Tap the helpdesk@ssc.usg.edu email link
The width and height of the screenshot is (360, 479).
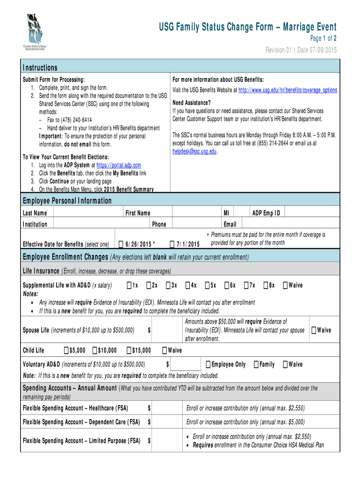(x=194, y=151)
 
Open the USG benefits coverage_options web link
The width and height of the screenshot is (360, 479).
(x=288, y=90)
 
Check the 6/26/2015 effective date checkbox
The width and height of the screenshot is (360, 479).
(x=121, y=244)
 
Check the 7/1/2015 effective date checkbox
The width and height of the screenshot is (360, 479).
(x=172, y=244)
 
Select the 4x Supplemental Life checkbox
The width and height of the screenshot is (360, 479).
(x=187, y=285)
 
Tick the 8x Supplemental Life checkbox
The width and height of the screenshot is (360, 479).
(x=266, y=285)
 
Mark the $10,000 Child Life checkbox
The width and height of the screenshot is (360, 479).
(x=95, y=350)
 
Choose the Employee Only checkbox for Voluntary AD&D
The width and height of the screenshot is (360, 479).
(x=209, y=364)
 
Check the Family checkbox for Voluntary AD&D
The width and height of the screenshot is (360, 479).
(x=256, y=364)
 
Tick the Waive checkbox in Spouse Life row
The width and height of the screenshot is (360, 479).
(x=314, y=330)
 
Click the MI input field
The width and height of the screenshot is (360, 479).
(x=242, y=213)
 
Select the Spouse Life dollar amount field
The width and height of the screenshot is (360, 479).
(x=166, y=330)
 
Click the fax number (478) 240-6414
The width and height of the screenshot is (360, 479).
(x=70, y=120)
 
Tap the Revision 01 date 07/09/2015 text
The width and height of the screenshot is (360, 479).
(x=301, y=50)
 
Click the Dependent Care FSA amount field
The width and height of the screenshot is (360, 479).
(x=166, y=422)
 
